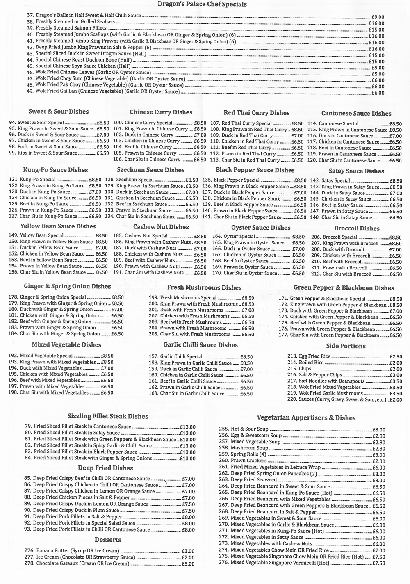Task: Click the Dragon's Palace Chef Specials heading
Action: pos(202,5)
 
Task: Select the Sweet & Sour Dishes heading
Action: pos(59,112)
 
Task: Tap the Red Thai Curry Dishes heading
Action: pos(257,113)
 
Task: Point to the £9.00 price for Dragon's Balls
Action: pos(377,17)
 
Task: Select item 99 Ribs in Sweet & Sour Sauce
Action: pos(48,153)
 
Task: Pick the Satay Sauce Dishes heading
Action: pos(356,171)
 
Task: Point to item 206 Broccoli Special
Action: pos(340,237)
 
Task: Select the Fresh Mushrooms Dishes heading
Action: pos(204,288)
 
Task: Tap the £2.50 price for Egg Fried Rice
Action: pos(396,357)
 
